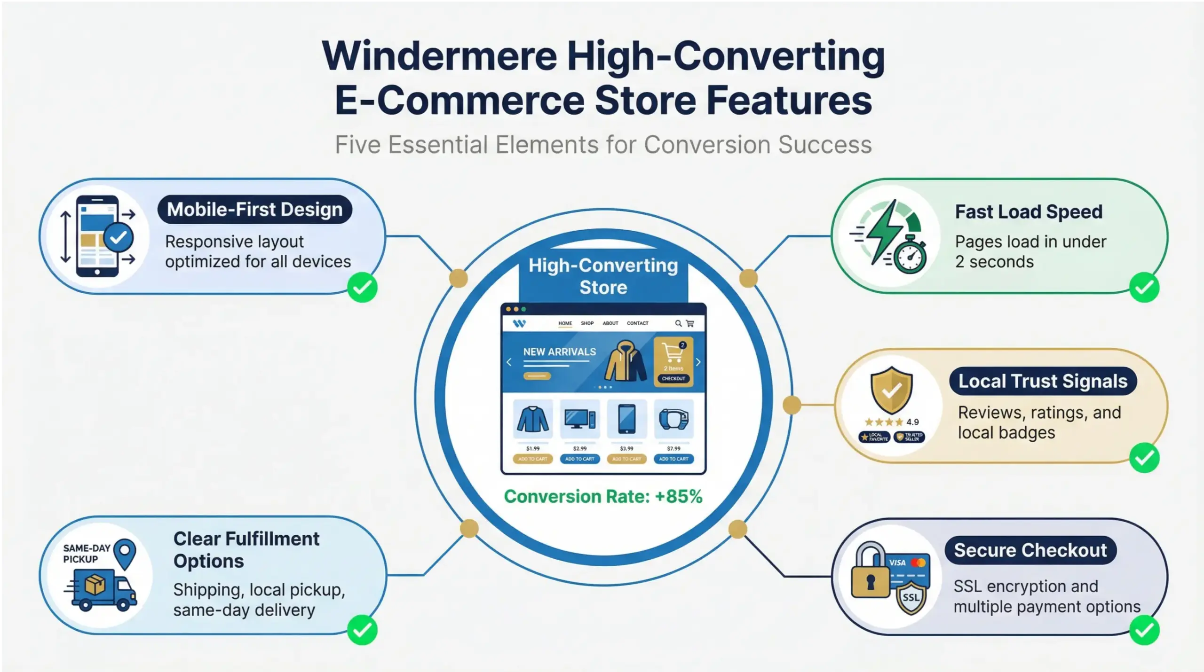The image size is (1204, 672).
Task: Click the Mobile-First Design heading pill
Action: coord(254,210)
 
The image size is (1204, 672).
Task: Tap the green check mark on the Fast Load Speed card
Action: coord(1144,287)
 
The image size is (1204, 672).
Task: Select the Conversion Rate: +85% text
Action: coord(603,497)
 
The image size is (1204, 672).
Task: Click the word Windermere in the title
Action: coord(439,56)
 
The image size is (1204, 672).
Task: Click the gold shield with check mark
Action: coord(891,390)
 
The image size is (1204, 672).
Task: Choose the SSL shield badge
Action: coord(911,597)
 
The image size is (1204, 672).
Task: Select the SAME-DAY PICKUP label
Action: coord(87,554)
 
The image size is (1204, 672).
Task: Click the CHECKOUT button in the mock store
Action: coord(673,378)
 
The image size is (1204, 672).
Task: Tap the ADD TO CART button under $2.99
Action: coord(579,459)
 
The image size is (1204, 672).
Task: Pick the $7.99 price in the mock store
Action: coord(673,448)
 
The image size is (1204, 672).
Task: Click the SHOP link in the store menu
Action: coord(587,323)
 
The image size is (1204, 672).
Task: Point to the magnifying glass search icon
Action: coord(678,323)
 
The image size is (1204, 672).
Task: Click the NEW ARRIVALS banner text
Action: coord(559,352)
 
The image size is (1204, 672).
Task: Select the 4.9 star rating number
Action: coord(912,422)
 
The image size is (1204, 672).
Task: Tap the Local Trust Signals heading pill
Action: coord(1043,381)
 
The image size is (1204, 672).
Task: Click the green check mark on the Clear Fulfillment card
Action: coord(362,630)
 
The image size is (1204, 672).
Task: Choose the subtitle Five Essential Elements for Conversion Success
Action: coord(603,145)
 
